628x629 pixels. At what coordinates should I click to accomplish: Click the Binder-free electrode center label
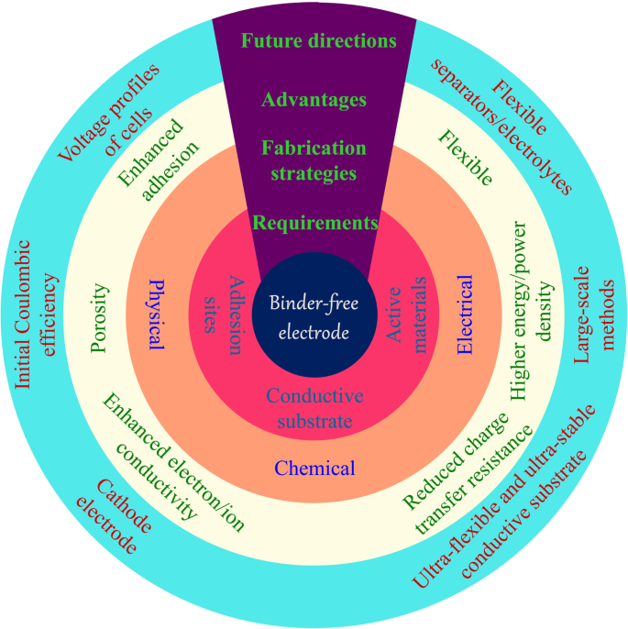(x=314, y=317)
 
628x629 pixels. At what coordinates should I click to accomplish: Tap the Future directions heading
(x=318, y=41)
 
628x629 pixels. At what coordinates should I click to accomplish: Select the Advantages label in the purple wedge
(x=314, y=99)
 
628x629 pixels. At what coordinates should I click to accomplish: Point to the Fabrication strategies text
(x=314, y=160)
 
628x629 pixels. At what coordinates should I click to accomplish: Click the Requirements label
(x=314, y=222)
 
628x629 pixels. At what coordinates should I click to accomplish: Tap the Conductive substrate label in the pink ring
(x=314, y=409)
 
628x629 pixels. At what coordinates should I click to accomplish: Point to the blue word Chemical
(x=314, y=469)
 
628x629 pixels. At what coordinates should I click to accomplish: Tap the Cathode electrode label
(x=112, y=516)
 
